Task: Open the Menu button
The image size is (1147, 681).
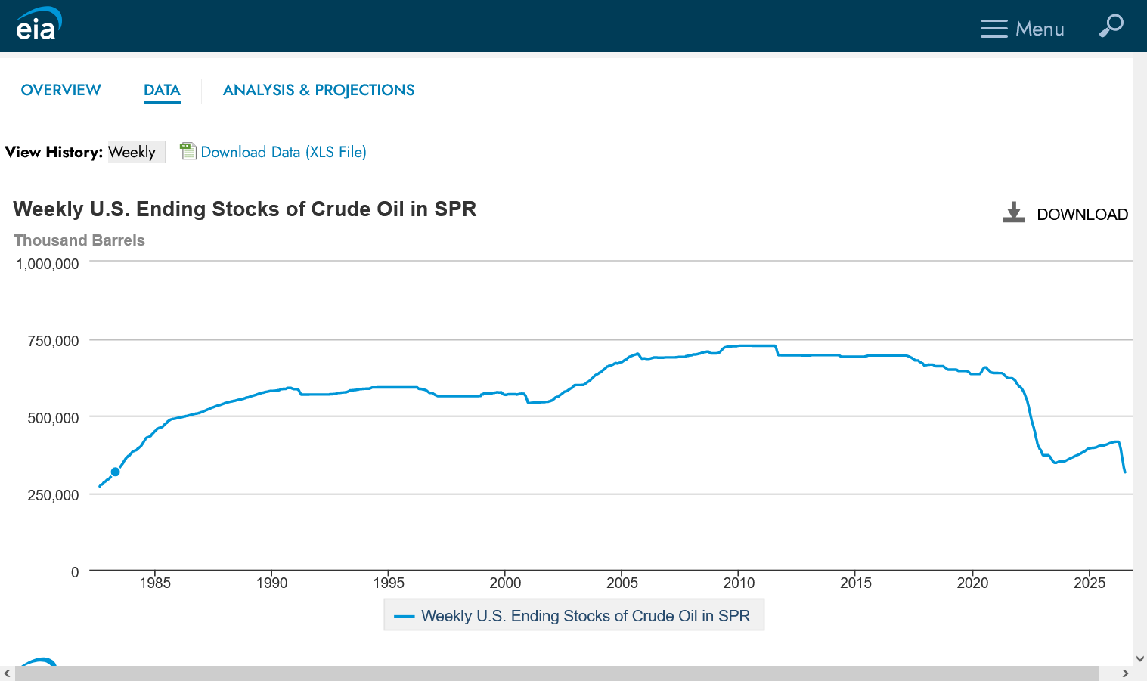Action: click(1022, 29)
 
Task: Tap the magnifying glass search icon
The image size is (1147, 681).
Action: click(1111, 26)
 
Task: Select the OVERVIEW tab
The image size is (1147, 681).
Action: click(61, 90)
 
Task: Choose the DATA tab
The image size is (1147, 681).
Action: click(162, 90)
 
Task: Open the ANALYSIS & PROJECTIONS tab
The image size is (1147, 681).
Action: click(318, 90)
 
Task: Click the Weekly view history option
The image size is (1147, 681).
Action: click(132, 152)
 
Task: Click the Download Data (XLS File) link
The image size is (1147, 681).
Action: click(284, 152)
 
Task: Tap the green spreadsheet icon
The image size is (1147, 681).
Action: click(188, 151)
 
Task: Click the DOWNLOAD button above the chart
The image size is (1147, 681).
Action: click(1065, 213)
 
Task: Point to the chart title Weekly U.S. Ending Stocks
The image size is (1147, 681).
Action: click(245, 209)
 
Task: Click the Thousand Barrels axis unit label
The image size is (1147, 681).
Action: click(79, 240)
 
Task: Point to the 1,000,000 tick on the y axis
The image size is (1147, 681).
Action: click(48, 265)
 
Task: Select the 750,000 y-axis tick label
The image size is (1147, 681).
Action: click(53, 341)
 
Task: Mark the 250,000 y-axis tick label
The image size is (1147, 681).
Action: click(53, 495)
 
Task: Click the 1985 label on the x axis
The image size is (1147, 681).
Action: click(155, 583)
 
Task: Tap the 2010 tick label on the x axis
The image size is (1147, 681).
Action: click(739, 583)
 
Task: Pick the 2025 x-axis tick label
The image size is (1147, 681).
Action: click(1090, 583)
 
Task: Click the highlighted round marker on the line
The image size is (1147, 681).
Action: click(115, 472)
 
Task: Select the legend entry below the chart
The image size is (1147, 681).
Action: click(574, 615)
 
